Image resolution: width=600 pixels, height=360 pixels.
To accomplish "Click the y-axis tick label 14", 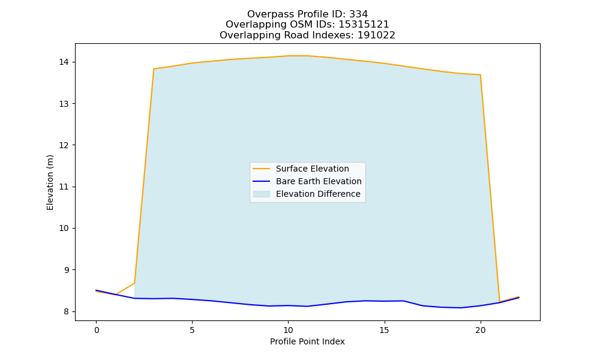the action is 64,62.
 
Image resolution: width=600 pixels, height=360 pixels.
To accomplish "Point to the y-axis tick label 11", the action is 64,187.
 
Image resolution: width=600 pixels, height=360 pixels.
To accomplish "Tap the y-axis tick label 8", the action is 67,311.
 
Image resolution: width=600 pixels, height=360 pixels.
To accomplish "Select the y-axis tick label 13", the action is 64,104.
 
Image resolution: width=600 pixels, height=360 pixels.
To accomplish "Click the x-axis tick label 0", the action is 97,330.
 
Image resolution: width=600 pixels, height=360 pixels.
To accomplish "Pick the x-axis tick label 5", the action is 192,330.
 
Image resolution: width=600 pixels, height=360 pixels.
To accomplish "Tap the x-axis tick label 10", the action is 288,330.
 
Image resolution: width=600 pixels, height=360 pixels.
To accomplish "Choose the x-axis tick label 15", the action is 384,330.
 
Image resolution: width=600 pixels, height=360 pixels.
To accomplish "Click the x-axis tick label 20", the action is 480,330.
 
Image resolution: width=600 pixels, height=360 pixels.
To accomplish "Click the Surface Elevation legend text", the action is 312,169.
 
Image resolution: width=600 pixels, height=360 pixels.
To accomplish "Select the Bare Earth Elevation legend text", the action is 319,181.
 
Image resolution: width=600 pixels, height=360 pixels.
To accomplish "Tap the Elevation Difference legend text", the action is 318,194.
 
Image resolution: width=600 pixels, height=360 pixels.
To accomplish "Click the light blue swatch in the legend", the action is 262,194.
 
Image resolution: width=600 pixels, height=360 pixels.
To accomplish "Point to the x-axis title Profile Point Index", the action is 307,341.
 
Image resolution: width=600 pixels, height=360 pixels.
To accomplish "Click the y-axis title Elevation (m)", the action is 50,182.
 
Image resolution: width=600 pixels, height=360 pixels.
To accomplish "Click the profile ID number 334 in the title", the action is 359,14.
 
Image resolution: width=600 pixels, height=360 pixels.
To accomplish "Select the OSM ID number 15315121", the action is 364,25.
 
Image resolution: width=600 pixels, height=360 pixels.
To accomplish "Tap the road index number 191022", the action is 376,35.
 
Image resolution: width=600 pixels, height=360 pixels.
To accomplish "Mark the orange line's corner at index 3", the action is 154,69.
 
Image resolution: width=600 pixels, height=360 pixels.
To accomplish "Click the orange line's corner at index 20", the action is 480,74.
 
